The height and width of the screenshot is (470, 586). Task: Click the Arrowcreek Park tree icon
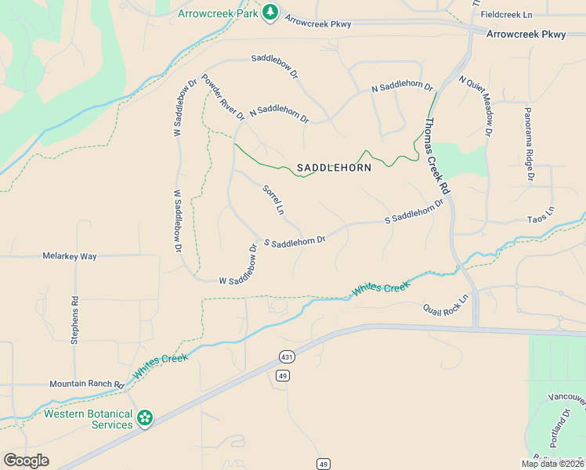point(269,13)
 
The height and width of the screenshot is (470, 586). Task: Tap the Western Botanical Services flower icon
point(144,419)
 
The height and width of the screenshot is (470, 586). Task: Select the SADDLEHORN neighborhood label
point(334,168)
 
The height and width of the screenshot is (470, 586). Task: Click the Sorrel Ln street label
point(273,200)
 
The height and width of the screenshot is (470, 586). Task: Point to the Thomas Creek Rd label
point(436,156)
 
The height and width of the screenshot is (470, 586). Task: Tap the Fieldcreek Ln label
point(506,15)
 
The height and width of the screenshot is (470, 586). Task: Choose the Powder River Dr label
point(223,97)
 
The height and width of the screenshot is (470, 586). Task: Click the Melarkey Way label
point(69,256)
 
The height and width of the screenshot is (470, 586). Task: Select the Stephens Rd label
point(75,320)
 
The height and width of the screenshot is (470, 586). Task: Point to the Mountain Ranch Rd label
point(86,385)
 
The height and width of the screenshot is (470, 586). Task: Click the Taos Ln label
point(541,213)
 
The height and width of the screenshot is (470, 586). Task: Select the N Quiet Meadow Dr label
point(476,107)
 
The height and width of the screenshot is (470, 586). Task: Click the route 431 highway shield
point(286,357)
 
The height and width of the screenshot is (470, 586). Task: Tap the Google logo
point(26,461)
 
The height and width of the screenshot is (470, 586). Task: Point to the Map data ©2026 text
point(552,464)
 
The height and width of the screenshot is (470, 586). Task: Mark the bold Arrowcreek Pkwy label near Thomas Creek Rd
point(526,34)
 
